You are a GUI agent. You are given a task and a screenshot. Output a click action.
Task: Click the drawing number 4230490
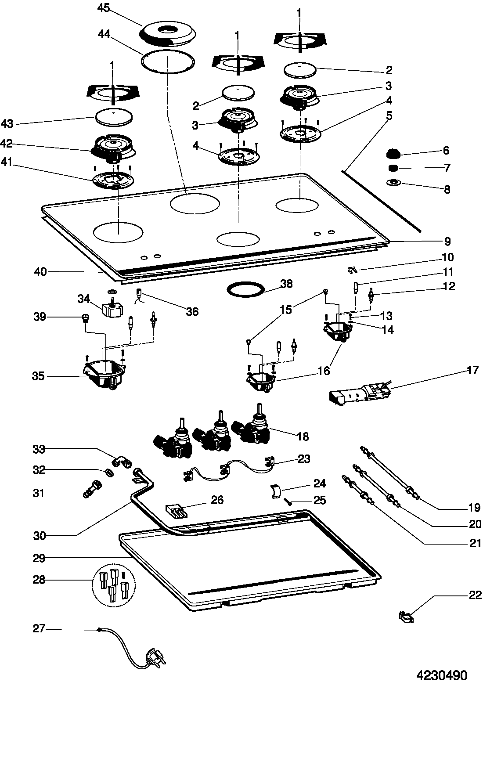tap(442, 675)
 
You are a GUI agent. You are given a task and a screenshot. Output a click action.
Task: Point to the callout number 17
tap(472, 370)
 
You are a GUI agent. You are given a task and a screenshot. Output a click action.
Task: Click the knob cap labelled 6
tap(393, 154)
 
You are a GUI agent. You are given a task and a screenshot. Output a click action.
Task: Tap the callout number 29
tap(39, 558)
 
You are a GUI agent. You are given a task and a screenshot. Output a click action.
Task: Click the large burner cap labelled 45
tap(167, 34)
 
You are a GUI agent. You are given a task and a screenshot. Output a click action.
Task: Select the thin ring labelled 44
tap(168, 61)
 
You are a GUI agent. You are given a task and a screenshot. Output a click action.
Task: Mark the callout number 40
tap(40, 272)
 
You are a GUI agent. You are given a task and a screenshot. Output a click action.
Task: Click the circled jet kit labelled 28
tap(114, 584)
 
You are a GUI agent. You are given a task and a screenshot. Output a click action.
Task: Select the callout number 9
tap(447, 242)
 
